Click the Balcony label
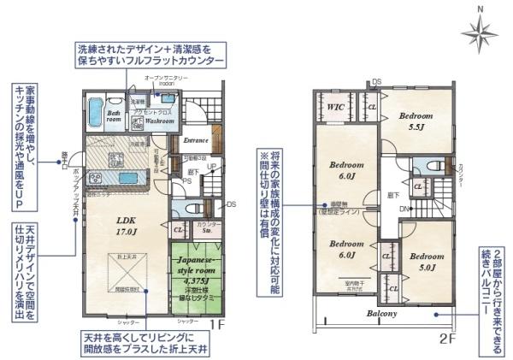pos(382,313)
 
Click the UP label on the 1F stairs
pos(209,168)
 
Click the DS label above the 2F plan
pos(376,82)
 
